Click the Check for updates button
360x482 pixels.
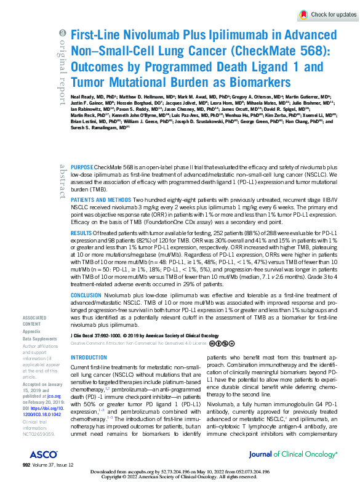[327, 14]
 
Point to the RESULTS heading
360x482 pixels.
[82, 251]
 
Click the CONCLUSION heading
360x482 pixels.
[86, 295]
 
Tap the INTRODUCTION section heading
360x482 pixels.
[89, 358]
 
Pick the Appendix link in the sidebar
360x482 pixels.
[31, 331]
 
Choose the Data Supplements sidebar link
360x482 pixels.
[39, 339]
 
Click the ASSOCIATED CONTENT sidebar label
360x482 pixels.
[34, 320]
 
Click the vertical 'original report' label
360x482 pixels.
[62, 64]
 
